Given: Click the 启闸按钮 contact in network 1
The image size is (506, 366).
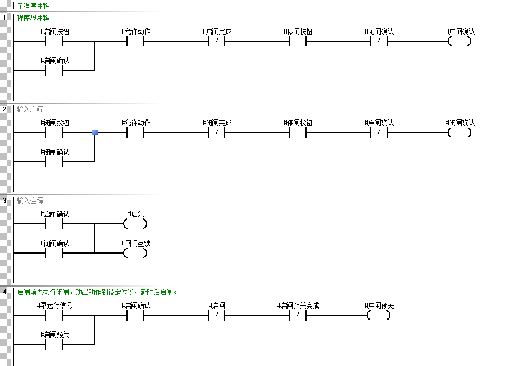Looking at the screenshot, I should point(55,41).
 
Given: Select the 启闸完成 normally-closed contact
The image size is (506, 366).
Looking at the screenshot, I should point(216,41).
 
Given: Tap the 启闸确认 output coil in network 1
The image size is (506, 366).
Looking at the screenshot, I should point(460,41).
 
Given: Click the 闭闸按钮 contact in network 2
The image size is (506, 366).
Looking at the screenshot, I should point(55,132).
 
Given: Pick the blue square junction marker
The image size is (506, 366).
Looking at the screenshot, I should point(95,132).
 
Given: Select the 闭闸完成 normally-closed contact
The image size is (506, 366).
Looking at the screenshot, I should point(216,132).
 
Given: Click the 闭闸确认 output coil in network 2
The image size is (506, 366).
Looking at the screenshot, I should point(460,132).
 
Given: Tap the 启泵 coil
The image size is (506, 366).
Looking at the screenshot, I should point(135,224).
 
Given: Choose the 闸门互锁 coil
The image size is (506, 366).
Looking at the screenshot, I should point(135,253).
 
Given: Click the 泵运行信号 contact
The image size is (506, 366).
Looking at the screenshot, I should point(55,315).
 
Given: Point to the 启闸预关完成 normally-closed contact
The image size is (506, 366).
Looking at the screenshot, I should point(298,315).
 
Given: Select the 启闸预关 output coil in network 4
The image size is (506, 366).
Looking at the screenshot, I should point(378,315).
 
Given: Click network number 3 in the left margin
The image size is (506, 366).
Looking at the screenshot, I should point(5,201).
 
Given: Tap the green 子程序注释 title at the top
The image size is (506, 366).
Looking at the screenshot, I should point(34,6).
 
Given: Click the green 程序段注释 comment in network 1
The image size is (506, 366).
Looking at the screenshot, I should point(34,18).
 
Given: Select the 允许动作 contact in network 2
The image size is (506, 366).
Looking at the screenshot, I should point(136,132).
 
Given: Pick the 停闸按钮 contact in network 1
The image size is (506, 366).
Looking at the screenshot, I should point(298,41).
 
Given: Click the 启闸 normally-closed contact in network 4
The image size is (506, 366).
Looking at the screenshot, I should point(216,315).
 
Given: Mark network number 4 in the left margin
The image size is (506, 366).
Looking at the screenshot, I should point(5,292).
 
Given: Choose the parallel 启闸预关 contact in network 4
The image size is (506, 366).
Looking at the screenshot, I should point(55,344).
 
